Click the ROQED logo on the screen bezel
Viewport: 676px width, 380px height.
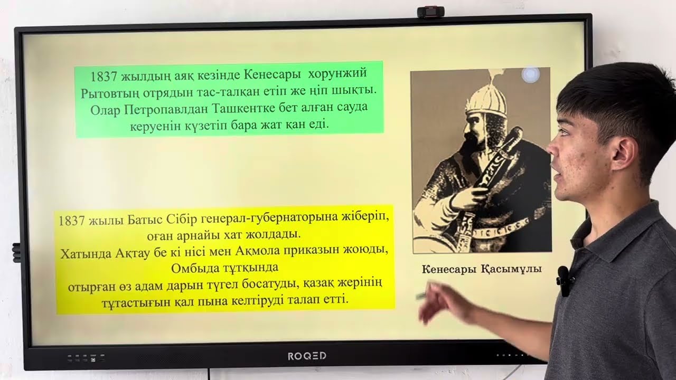click(x=307, y=356)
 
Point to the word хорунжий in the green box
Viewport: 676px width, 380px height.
click(x=337, y=73)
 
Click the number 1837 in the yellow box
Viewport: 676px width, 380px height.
click(x=72, y=221)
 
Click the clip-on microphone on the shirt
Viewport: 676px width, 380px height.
click(x=564, y=279)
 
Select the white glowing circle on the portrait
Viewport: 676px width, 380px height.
click(x=530, y=75)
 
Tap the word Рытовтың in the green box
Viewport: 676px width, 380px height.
click(x=108, y=91)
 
